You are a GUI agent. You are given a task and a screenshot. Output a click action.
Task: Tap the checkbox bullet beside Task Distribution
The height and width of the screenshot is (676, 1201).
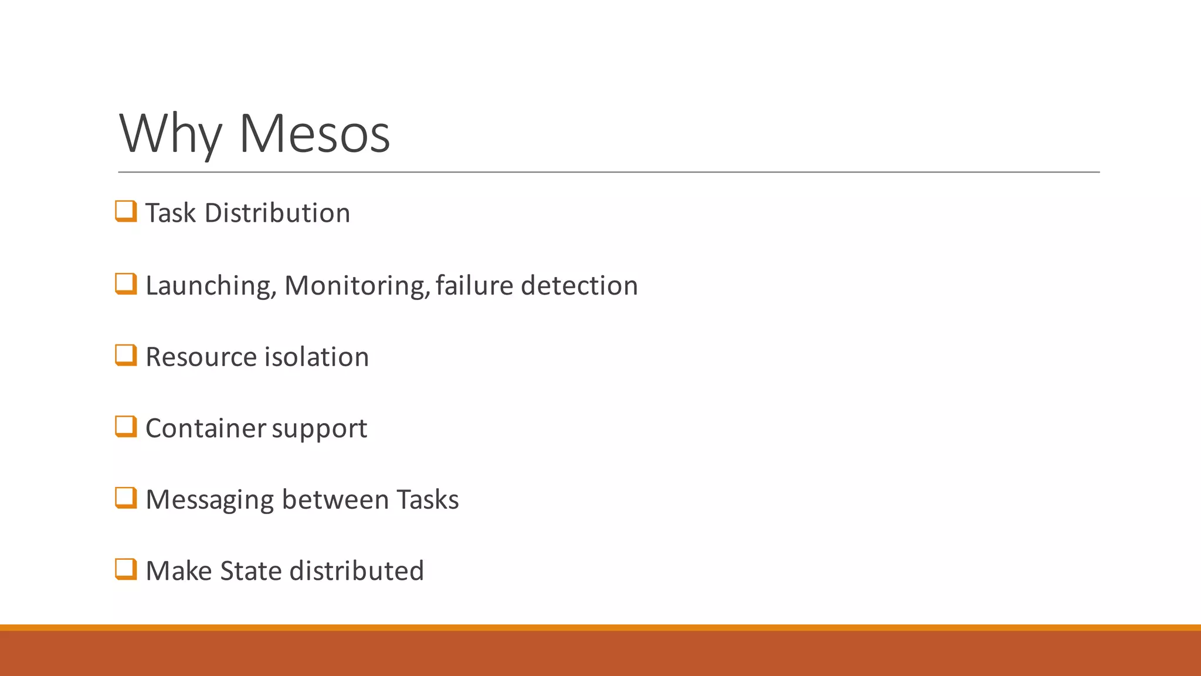(x=126, y=211)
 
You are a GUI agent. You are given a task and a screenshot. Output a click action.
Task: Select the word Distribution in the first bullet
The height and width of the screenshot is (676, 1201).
(x=277, y=213)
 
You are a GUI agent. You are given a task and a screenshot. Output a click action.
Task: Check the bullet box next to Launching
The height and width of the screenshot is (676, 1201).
(x=126, y=284)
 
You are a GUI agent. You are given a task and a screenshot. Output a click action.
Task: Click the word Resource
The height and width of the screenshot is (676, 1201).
(x=201, y=357)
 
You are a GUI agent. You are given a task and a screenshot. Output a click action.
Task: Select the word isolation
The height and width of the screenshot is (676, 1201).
(x=317, y=357)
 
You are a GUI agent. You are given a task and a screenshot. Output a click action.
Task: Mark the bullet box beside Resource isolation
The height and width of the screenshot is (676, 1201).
(x=126, y=355)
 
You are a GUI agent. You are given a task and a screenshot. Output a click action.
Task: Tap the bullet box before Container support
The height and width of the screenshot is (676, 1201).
(x=126, y=427)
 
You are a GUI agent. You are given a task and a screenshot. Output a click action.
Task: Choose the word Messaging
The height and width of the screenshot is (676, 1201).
(x=209, y=501)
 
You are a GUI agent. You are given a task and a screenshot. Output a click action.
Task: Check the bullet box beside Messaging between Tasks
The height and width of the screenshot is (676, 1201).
(x=126, y=498)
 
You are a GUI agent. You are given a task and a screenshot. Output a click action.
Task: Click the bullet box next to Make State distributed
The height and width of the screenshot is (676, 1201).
(x=126, y=569)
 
